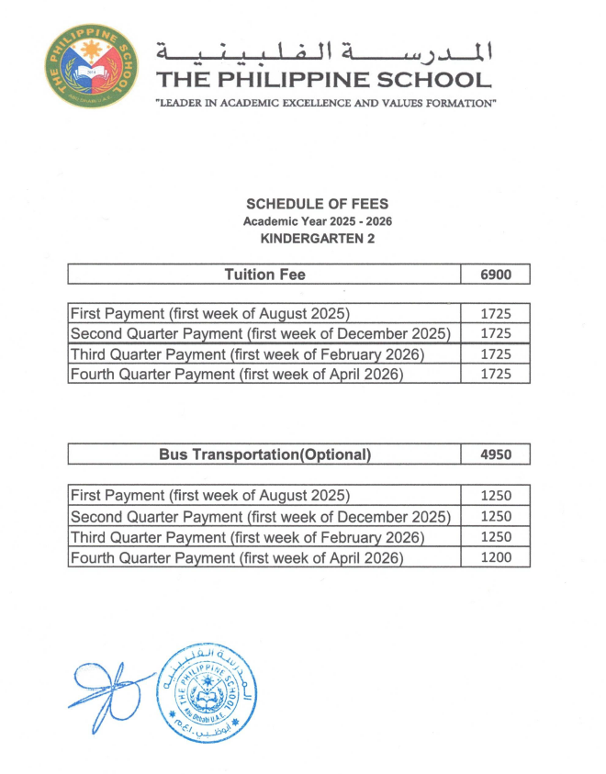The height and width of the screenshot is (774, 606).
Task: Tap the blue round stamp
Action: [x=200, y=689]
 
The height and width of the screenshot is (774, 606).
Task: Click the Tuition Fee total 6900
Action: [x=495, y=275]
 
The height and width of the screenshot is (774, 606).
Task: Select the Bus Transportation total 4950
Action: [x=495, y=454]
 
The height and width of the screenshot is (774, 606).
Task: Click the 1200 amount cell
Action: [x=495, y=556]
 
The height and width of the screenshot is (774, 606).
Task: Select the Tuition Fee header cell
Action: [x=264, y=275]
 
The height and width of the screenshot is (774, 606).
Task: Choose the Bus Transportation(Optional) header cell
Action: [x=264, y=454]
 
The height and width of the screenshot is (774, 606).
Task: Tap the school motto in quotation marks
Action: [x=326, y=103]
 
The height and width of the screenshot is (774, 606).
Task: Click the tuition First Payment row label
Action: [x=210, y=313]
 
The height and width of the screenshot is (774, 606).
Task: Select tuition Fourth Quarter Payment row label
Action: [x=237, y=374]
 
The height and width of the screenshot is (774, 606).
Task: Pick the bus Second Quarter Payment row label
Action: [x=260, y=516]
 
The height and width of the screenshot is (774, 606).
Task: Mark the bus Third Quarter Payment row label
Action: [x=247, y=536]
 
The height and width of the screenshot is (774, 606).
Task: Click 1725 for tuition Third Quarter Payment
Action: [x=495, y=353]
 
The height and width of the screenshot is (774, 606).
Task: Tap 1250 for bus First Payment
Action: [x=495, y=496]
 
